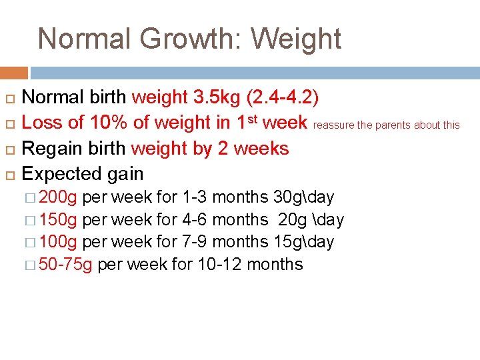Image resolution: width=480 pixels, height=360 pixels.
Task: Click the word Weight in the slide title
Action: coord(295,39)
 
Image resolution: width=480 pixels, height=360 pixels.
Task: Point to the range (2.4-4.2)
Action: coord(282,97)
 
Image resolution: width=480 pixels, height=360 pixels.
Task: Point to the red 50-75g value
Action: coord(66,265)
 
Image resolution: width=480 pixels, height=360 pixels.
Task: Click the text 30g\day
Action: coord(303,197)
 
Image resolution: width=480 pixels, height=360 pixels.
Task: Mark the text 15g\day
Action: coord(303,242)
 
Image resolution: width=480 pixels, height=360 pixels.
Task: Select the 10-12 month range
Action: coord(220,265)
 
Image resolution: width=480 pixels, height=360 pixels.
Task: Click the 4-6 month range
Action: coord(195,219)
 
